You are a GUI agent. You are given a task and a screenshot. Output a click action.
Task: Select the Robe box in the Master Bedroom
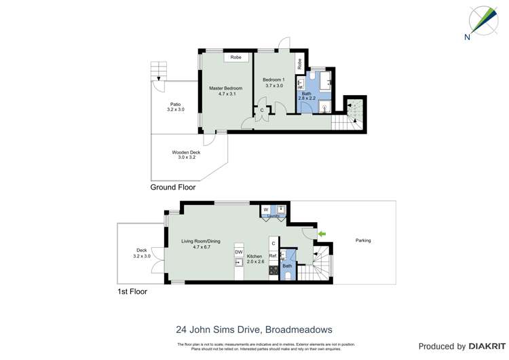[235, 58]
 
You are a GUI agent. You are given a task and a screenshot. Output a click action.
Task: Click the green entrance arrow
[322, 234]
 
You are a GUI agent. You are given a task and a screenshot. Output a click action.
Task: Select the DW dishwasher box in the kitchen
[239, 252]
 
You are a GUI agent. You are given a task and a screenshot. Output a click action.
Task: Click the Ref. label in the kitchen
[273, 255]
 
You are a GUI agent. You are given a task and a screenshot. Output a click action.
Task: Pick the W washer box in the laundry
[266, 209]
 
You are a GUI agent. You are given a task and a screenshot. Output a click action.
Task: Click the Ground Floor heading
[172, 187]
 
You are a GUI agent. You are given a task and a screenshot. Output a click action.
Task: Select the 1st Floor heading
[132, 291]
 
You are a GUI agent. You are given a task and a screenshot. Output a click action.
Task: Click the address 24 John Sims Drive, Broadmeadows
[254, 329]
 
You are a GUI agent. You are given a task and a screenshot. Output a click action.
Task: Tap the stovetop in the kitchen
[273, 270]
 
